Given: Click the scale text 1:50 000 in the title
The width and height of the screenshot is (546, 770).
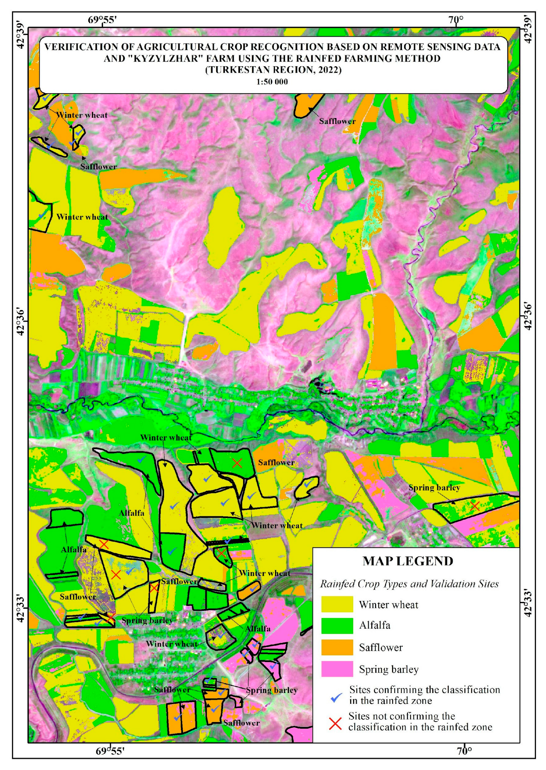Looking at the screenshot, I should tap(272, 82).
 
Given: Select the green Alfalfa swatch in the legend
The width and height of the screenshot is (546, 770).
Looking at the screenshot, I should tap(337, 626).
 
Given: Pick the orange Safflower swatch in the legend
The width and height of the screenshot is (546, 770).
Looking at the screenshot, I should tap(337, 647).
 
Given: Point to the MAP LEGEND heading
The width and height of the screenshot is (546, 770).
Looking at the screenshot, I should tap(407, 561).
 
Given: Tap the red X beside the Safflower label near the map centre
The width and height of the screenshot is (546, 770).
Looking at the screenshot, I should tap(237, 463).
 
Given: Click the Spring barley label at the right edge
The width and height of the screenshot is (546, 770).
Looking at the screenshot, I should tap(434, 488).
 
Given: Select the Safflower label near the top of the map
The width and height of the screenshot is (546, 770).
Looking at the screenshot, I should tap(337, 122).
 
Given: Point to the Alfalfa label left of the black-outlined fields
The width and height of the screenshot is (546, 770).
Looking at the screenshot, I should tap(74, 550).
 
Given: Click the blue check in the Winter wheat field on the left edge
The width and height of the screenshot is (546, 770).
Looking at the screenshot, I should tap(42, 215).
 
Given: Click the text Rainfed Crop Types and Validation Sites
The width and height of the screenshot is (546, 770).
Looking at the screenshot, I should tap(409, 584).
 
